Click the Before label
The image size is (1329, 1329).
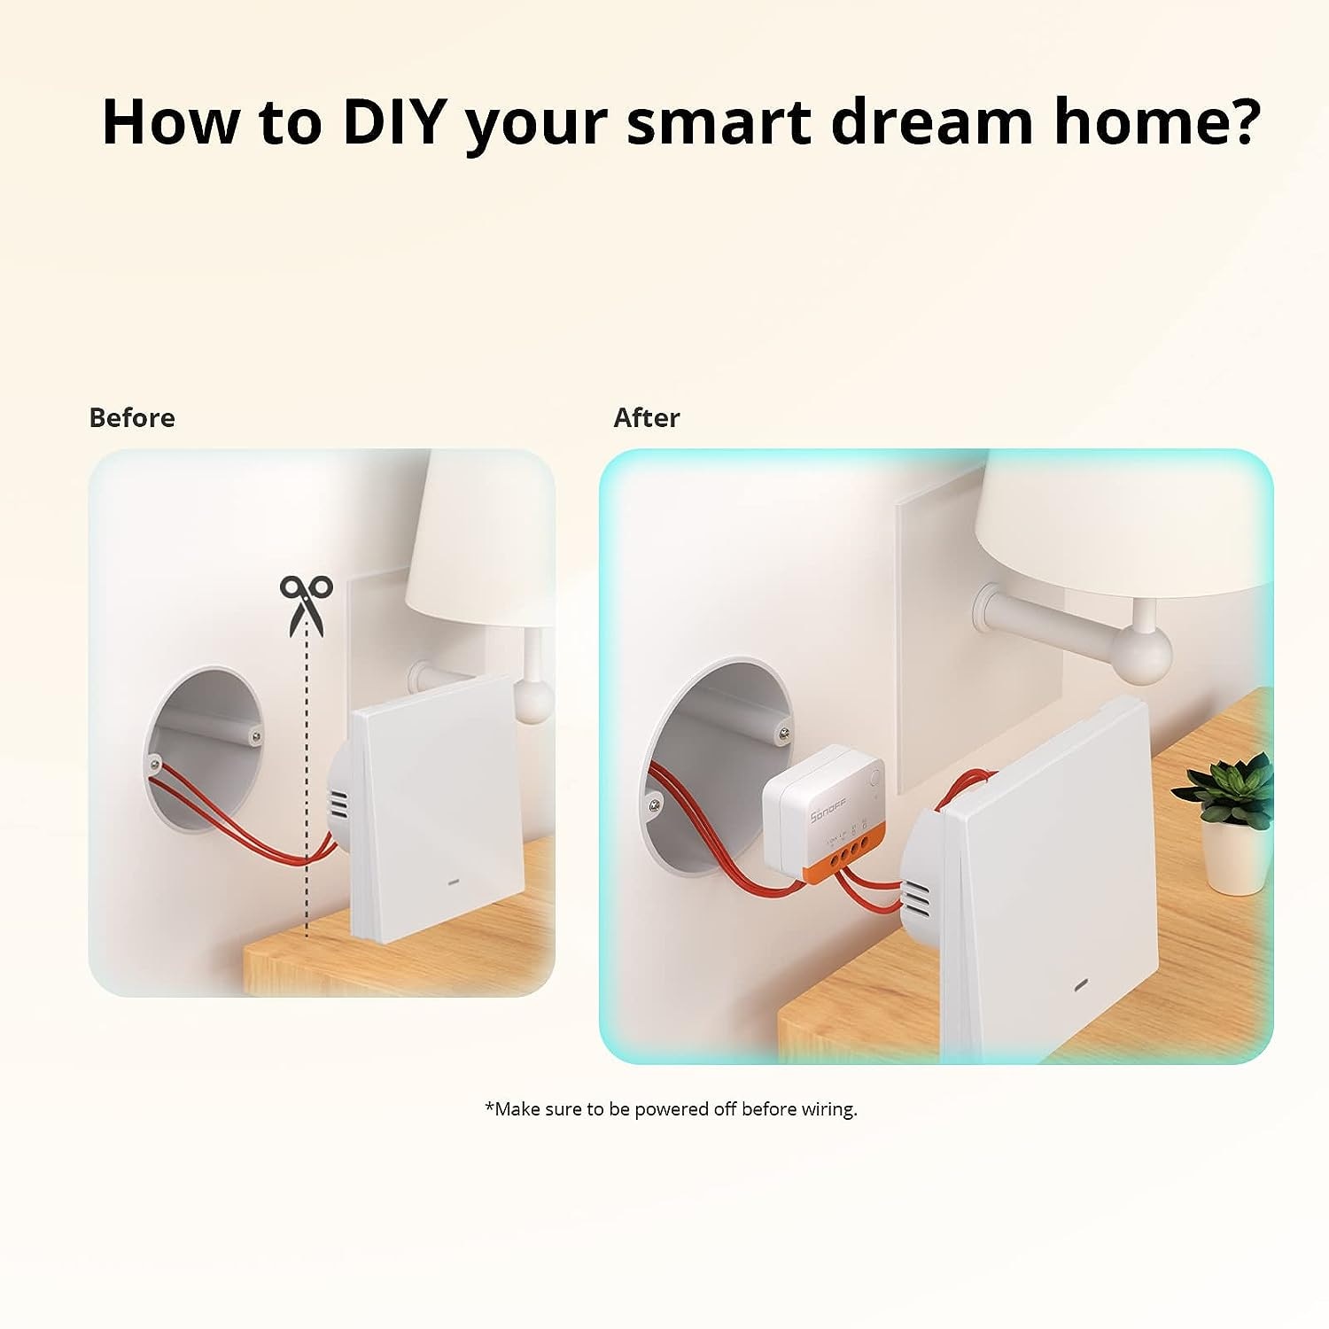(x=132, y=417)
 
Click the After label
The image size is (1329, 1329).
(x=646, y=417)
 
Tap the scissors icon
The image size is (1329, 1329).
(x=306, y=603)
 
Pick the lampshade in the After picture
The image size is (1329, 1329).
(x=1125, y=523)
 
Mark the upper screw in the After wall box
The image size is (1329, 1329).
(x=783, y=731)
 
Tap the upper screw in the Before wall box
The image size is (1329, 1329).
(x=256, y=734)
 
